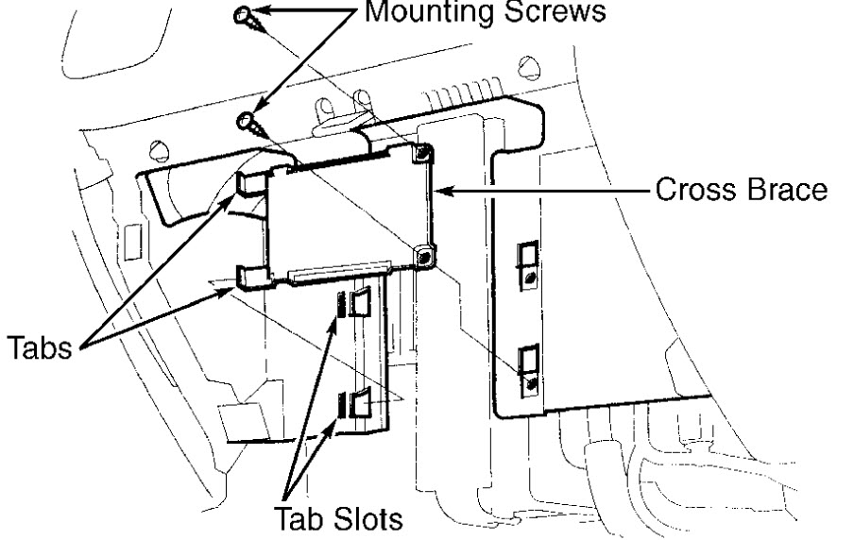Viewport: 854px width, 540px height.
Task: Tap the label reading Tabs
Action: point(43,350)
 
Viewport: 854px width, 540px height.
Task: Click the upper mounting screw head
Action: point(244,12)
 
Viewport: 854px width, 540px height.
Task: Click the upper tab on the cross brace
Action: point(249,182)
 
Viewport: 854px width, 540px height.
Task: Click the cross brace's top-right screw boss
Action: point(424,153)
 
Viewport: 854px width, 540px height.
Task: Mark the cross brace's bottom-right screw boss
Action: point(424,253)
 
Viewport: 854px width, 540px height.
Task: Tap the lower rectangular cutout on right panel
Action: point(528,364)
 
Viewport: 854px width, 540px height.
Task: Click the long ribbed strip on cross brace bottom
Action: point(341,275)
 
